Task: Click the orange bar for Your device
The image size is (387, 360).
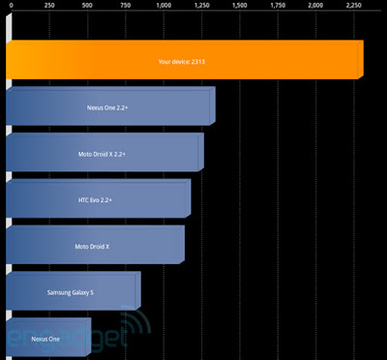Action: coord(185,60)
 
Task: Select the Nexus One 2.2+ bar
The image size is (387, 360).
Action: coord(110,105)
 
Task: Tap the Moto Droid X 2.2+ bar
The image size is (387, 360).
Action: coord(104,152)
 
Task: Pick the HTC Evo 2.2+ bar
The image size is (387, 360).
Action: coord(99,198)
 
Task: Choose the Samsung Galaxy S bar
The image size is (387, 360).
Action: coord(74,291)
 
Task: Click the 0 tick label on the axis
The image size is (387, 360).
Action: coord(12,6)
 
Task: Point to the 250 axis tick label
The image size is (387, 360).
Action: coord(49,6)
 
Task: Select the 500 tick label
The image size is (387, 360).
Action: coord(87,6)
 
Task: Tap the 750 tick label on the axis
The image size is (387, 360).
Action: coord(126,6)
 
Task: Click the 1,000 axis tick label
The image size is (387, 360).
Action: coord(164,6)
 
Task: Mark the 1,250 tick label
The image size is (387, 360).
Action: coord(201,6)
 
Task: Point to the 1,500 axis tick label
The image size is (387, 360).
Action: coord(240,6)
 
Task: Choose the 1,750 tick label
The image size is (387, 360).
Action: coord(278,6)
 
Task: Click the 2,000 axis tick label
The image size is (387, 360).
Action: coord(315,6)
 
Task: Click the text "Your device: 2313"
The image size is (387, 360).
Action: coord(182,61)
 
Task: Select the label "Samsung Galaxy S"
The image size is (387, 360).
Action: coord(71,292)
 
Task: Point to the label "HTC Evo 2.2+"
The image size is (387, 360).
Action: coord(95,200)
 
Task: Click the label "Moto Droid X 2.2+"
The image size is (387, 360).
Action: coord(102,154)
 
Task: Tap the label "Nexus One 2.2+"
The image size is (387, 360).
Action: coord(107,107)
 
